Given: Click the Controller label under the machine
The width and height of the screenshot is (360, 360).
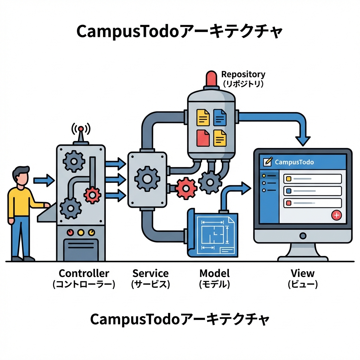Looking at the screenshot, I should (84, 274).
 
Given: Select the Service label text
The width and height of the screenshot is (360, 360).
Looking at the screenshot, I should (150, 274).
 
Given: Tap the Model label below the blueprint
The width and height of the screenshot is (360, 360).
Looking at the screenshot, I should (214, 274).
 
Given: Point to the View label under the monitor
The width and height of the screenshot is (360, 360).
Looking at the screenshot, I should (303, 273).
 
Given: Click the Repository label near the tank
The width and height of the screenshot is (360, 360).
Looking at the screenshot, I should (243, 75).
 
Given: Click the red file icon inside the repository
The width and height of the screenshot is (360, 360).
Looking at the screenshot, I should (203, 138).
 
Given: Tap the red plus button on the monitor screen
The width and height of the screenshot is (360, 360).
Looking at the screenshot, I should (336, 215).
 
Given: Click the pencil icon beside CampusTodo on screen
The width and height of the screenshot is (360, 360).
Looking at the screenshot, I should (268, 162).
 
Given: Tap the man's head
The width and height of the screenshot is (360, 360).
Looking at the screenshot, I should (21, 176).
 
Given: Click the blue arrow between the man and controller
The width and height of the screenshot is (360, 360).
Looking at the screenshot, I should (44, 181).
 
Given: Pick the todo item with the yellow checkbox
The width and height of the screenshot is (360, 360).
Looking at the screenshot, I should (312, 179).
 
